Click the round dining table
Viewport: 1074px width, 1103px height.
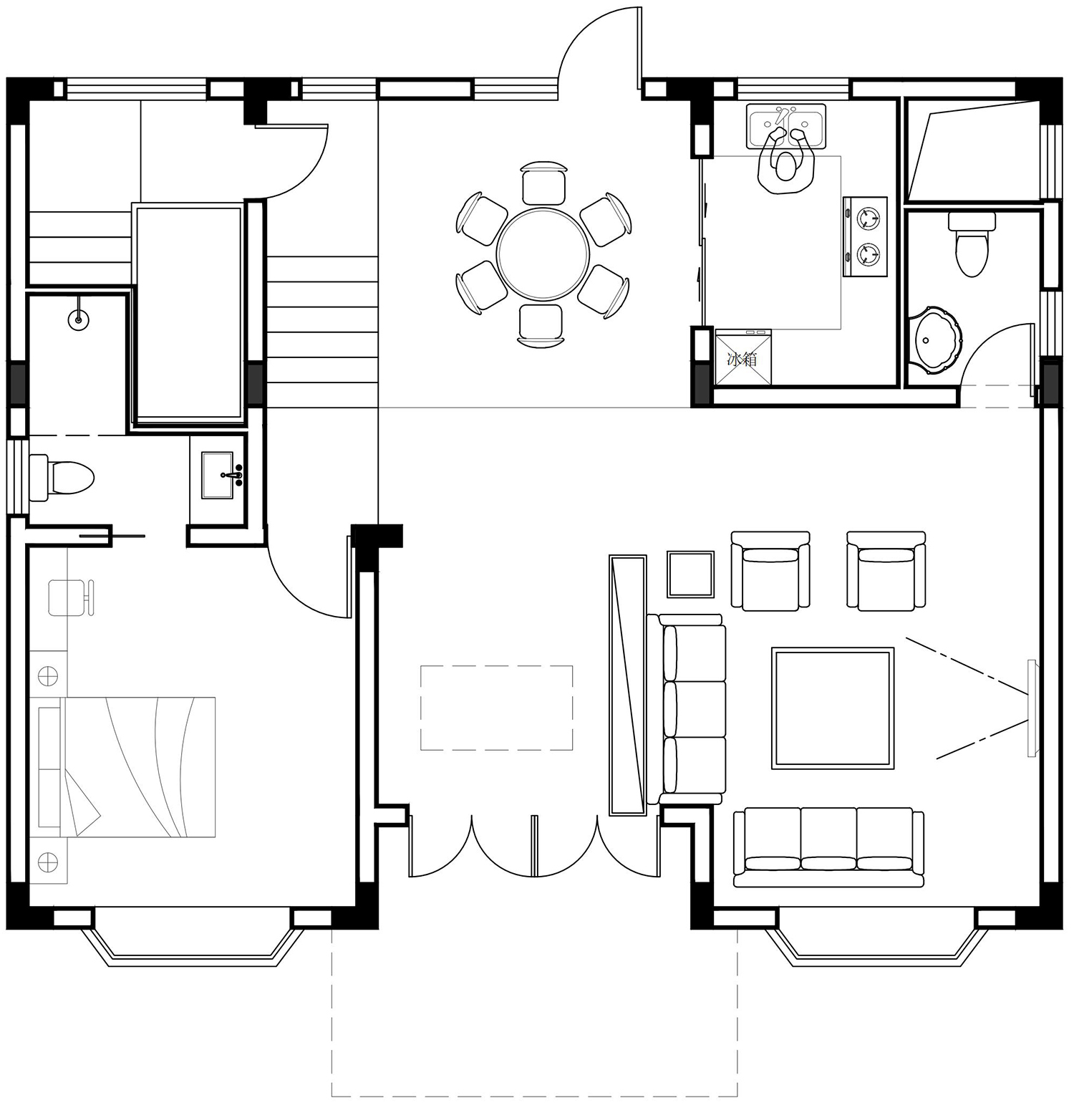(x=543, y=254)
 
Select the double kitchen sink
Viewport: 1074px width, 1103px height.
(x=786, y=126)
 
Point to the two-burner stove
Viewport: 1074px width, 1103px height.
(x=865, y=236)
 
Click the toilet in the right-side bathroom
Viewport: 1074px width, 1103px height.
(x=972, y=244)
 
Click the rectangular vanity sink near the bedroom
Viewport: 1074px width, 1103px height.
(x=218, y=476)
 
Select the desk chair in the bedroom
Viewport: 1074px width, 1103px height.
(x=71, y=597)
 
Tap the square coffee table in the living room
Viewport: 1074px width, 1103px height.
(x=833, y=708)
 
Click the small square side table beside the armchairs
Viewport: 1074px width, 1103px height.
(x=691, y=574)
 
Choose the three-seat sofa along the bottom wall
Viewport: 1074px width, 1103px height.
(x=828, y=847)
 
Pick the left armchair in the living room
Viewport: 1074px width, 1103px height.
(x=770, y=571)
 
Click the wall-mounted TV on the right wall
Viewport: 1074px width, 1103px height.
(x=1032, y=708)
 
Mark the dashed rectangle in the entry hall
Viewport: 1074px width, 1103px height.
(x=496, y=708)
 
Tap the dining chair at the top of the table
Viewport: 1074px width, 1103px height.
(x=544, y=183)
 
